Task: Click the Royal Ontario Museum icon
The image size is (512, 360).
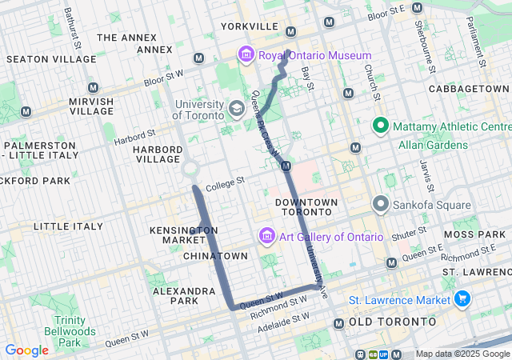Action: (x=246, y=55)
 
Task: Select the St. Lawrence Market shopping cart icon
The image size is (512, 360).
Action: (x=462, y=300)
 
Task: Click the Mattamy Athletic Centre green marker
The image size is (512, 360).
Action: (x=380, y=126)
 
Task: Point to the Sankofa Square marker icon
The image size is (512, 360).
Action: (x=380, y=205)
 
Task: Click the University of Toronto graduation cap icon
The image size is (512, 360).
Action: (x=236, y=108)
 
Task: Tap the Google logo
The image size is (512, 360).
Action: (x=26, y=350)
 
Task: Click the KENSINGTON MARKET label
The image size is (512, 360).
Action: (x=184, y=235)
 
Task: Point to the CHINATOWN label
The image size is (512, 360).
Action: (x=215, y=255)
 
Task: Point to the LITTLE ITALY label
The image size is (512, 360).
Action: (x=68, y=226)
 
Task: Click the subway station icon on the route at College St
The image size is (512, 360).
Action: (x=286, y=166)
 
